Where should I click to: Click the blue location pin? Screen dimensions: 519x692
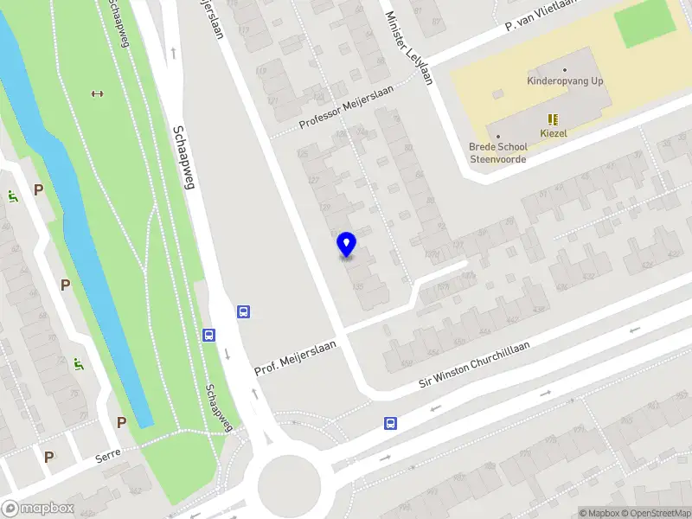click(346, 244)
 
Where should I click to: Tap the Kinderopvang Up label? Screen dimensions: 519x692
click(565, 81)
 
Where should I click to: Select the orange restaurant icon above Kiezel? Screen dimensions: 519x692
click(553, 119)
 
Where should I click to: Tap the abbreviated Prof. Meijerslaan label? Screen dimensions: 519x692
click(294, 357)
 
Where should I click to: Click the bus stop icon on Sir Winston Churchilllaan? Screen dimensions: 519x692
click(390, 423)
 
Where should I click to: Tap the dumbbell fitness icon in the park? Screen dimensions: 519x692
click(97, 93)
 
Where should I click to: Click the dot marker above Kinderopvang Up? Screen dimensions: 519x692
click(565, 69)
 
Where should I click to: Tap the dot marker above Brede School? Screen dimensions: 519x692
click(497, 136)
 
